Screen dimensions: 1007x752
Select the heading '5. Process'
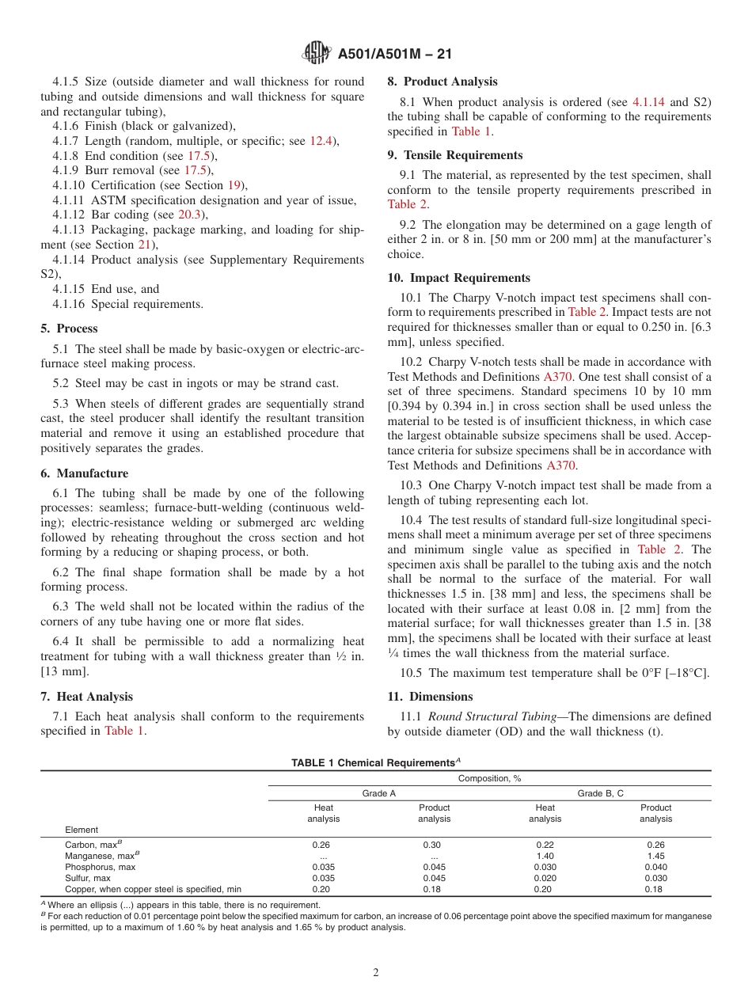point(70,329)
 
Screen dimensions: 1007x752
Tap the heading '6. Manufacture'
point(84,473)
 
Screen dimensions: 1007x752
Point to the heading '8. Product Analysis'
point(442,82)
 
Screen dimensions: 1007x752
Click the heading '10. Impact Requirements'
point(458,278)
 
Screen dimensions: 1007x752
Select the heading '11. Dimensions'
point(430,697)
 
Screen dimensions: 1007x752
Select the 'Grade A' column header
point(379,793)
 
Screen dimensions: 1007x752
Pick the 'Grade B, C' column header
point(600,793)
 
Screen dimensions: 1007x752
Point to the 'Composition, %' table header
point(489,778)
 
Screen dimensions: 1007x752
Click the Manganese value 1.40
point(545,856)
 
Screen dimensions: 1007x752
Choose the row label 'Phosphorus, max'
point(100,867)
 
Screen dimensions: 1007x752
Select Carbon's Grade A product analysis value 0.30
point(434,845)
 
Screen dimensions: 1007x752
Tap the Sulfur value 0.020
point(545,878)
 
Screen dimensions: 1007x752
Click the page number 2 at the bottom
point(376,973)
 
